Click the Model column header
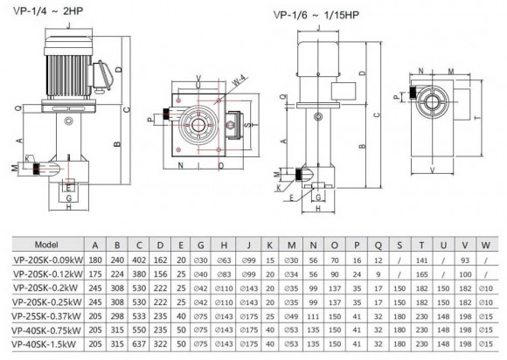(44, 245)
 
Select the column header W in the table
(490, 245)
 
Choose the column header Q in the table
(379, 245)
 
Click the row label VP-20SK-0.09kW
(44, 259)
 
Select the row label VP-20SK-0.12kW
(44, 273)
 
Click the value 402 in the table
(138, 259)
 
